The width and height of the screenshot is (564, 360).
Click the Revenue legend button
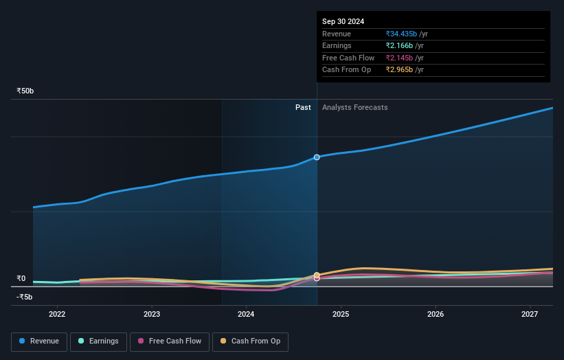[39, 341]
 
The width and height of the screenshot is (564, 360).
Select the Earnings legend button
[98, 341]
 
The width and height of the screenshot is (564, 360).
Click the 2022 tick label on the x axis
[57, 314]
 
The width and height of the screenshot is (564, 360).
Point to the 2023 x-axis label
[152, 314]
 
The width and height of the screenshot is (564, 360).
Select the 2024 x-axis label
[246, 314]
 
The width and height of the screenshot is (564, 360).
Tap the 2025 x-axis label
[341, 314]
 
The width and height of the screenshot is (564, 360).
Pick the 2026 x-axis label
[436, 314]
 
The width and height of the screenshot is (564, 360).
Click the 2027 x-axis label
[530, 314]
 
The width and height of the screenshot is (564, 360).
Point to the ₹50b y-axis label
[25, 91]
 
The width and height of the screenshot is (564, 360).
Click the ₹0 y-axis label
[21, 278]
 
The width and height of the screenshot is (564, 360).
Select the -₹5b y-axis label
[25, 297]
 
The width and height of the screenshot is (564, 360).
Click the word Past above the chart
[303, 108]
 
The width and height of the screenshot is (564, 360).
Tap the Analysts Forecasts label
[354, 108]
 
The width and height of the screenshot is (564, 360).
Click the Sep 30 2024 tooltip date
[343, 21]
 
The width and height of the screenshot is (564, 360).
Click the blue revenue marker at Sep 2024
[317, 157]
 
